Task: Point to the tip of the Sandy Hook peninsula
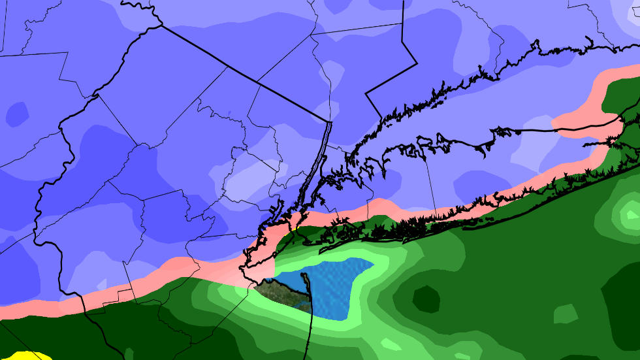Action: (302, 274)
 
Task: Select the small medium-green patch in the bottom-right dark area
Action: (565, 314)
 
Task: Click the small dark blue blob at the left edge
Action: (16, 114)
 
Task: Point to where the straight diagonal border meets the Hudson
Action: (328, 122)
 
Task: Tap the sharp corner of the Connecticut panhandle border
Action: (366, 94)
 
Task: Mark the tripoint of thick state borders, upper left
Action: (161, 25)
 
